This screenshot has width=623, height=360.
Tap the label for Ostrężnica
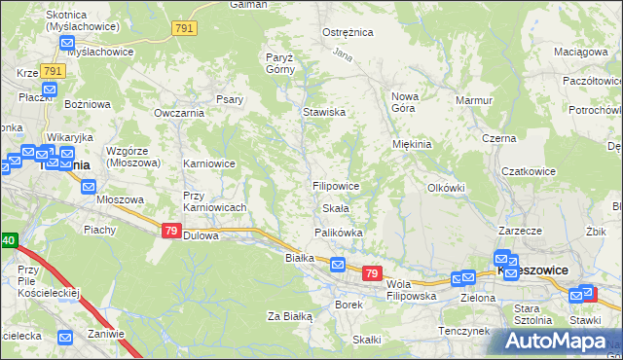(x=348, y=32)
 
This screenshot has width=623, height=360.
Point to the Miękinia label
(x=411, y=144)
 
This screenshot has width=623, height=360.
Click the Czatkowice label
(x=528, y=171)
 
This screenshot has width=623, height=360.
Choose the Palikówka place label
(x=338, y=233)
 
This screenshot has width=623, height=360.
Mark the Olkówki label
(x=447, y=187)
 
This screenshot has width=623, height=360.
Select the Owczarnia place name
(x=176, y=113)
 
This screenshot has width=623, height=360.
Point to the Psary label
(x=229, y=99)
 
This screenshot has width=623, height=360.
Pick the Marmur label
(x=474, y=99)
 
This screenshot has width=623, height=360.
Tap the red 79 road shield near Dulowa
(x=170, y=231)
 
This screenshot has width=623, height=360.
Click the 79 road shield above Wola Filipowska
(x=371, y=274)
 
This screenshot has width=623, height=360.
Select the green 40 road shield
(x=8, y=239)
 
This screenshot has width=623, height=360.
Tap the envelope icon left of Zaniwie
(x=65, y=338)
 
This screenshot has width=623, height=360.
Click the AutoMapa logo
(x=553, y=341)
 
